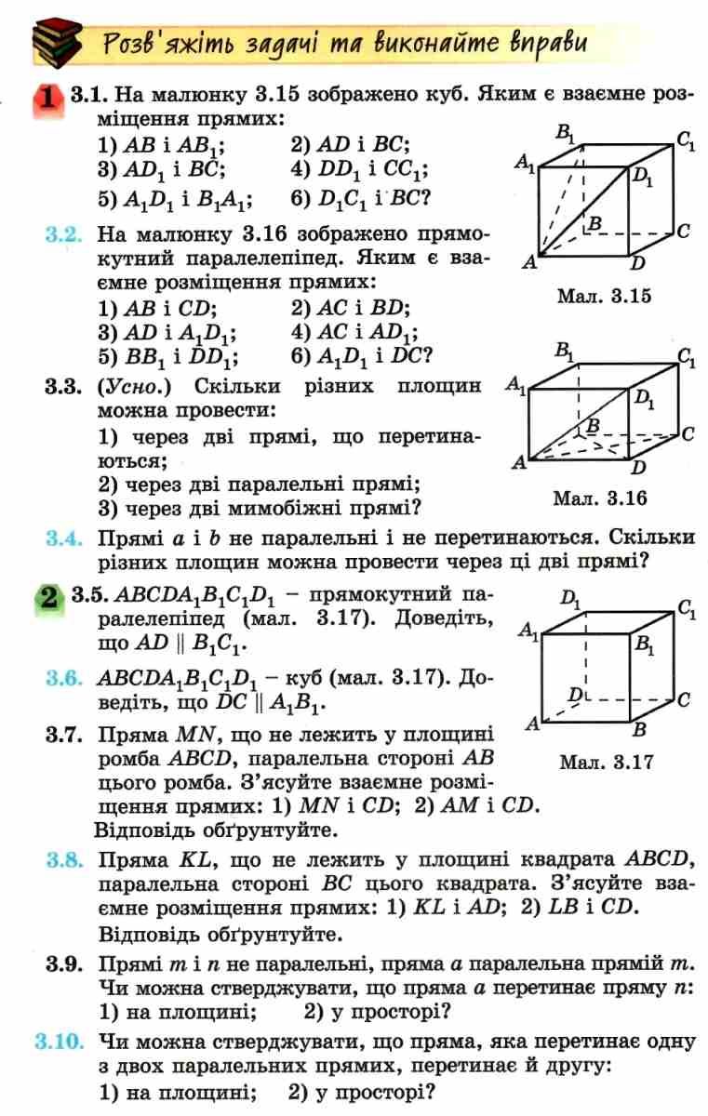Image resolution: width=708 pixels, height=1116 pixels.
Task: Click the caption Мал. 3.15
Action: [604, 296]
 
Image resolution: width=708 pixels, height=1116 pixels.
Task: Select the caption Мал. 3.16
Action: [600, 498]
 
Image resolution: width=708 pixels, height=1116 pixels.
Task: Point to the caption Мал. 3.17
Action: [606, 762]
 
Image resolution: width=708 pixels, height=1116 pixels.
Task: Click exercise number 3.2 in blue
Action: [63, 234]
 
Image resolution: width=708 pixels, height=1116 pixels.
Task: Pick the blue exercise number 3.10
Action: [59, 1042]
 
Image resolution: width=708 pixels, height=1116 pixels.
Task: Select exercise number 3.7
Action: [63, 735]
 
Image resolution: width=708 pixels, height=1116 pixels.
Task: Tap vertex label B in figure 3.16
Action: [593, 426]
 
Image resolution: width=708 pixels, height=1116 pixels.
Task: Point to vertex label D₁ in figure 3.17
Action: [570, 598]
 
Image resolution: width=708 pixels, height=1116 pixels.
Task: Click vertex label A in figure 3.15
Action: [529, 262]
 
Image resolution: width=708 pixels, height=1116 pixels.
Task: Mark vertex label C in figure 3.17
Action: [684, 700]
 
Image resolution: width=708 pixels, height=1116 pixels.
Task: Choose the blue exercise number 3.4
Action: [63, 538]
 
